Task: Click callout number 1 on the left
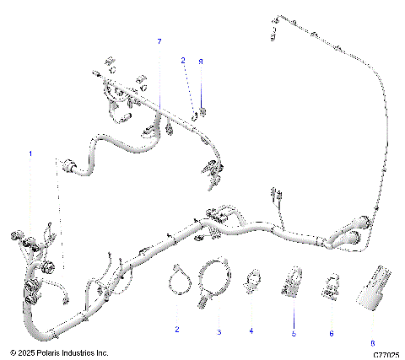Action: coord(32,154)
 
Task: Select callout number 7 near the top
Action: coord(159,41)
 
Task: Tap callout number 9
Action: coord(201,61)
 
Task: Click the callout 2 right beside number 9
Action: coord(182,61)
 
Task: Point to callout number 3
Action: coord(219,332)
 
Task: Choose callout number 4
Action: coord(251,332)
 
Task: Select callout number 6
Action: coord(331,333)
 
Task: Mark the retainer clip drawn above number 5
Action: coord(293,281)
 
